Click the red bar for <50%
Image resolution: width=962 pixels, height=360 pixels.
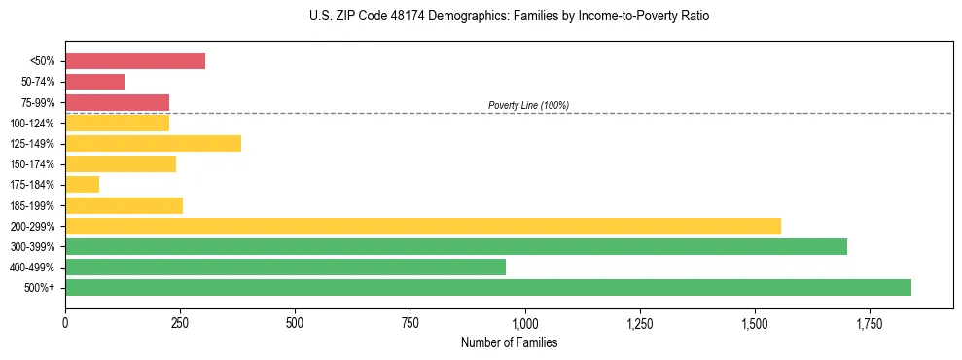pos(135,61)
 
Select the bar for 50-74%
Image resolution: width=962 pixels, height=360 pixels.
pos(95,82)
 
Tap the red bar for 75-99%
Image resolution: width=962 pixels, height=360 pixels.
pos(118,102)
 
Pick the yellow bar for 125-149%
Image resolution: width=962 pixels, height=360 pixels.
pos(153,143)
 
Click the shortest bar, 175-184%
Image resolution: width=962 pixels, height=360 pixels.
pos(83,184)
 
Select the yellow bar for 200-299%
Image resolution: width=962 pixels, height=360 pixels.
pos(423,226)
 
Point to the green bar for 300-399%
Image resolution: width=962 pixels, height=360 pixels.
pos(456,246)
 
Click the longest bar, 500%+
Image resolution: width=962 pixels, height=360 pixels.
pos(488,287)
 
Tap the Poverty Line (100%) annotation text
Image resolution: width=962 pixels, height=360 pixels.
pos(528,105)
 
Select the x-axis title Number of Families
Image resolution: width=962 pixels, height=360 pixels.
pos(510,342)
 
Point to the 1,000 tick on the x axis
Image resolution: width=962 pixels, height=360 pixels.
pos(525,322)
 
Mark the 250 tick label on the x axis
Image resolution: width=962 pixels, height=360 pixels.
pos(180,322)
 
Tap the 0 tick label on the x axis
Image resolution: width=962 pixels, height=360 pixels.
pos(65,322)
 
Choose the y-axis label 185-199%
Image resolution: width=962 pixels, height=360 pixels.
pos(32,205)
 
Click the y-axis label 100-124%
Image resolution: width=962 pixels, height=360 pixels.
pos(32,124)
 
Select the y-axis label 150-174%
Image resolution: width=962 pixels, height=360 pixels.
pos(32,164)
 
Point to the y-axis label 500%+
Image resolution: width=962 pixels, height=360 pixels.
pos(40,288)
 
